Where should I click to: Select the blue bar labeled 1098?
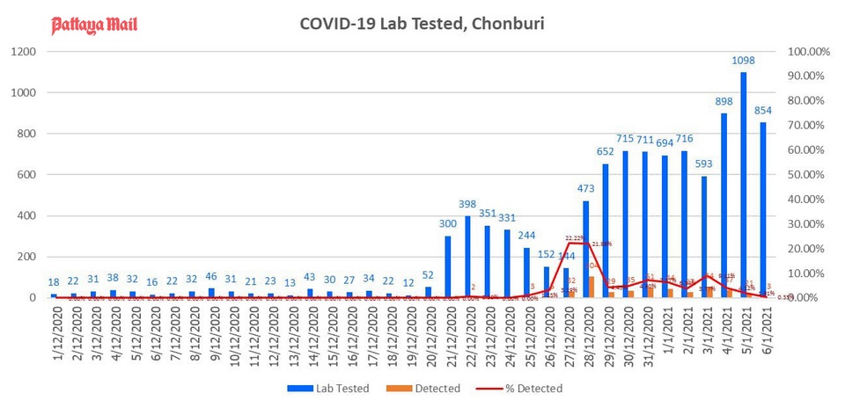pyautogui.click(x=744, y=185)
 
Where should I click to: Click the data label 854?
pyautogui.click(x=763, y=111)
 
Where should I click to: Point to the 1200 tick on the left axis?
pyautogui.click(x=23, y=52)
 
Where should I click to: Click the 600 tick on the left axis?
pyautogui.click(x=26, y=175)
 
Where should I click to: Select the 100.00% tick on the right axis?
pyautogui.click(x=808, y=52)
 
